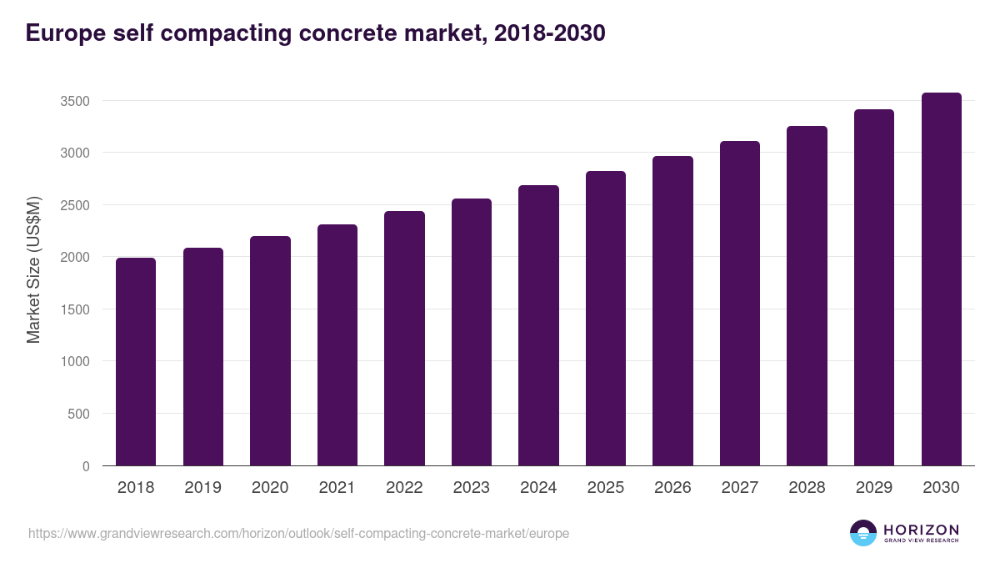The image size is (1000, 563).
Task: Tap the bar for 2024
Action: click(538, 325)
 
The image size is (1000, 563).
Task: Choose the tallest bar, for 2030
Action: click(941, 279)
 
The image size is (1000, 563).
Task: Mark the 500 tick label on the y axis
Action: click(77, 414)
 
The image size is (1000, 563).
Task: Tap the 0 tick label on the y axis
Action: click(85, 466)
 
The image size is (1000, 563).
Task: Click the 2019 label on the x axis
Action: click(203, 488)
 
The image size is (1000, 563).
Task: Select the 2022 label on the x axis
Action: click(404, 488)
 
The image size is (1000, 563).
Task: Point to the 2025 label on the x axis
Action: click(606, 488)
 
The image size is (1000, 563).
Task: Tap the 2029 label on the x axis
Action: click(874, 488)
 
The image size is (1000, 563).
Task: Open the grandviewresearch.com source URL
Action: click(298, 533)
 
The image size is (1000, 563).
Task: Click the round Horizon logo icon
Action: click(863, 533)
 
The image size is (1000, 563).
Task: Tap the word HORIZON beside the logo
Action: click(922, 530)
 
